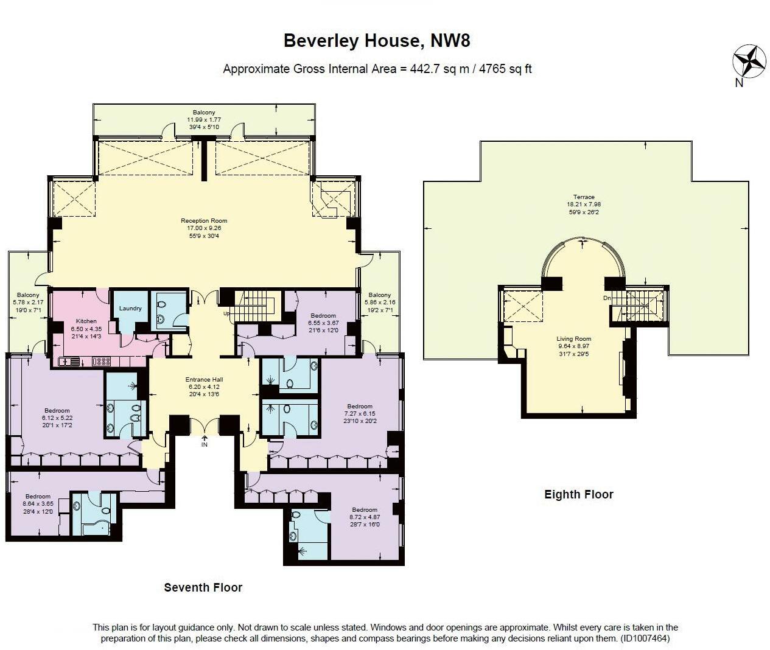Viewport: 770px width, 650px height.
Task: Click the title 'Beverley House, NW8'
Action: click(377, 41)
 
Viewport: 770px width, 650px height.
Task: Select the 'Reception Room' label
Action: click(204, 221)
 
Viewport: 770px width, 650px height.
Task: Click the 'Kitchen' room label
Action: click(86, 321)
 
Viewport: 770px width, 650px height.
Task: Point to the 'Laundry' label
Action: click(130, 308)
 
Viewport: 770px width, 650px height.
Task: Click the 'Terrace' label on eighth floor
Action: click(584, 197)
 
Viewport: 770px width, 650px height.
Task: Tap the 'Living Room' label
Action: click(573, 339)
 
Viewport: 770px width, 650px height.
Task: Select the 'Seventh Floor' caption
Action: click(203, 587)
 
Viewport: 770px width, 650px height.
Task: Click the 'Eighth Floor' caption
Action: click(578, 494)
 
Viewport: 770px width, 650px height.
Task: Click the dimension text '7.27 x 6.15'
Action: click(359, 414)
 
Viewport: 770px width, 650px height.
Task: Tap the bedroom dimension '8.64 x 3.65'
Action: click(38, 504)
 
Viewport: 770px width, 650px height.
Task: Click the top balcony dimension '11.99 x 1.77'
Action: click(203, 120)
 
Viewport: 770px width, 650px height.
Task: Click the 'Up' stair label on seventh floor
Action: click(227, 313)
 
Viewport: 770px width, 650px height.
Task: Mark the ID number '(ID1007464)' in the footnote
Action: click(645, 638)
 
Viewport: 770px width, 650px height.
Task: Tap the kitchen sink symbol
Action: click(68, 362)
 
